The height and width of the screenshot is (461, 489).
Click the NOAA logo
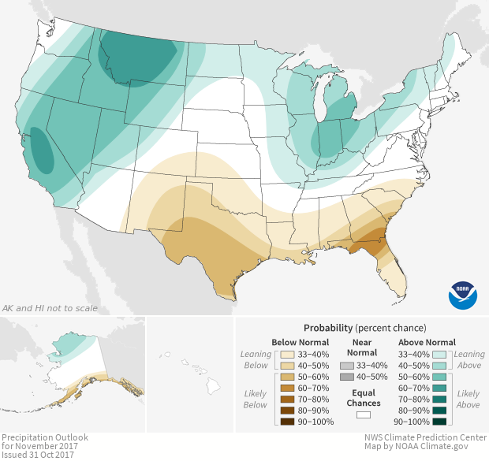pyautogui.click(x=463, y=294)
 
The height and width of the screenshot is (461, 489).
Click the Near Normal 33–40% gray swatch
pyautogui.click(x=347, y=366)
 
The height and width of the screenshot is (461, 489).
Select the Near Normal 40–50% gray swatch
pyautogui.click(x=347, y=377)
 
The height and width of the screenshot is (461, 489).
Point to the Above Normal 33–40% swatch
pyautogui.click(x=440, y=355)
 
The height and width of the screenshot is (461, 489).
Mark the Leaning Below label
pyautogui.click(x=256, y=359)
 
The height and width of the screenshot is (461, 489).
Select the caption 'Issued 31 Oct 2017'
pyautogui.click(x=36, y=455)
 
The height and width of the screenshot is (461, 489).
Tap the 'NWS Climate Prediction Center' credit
pyautogui.click(x=424, y=437)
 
